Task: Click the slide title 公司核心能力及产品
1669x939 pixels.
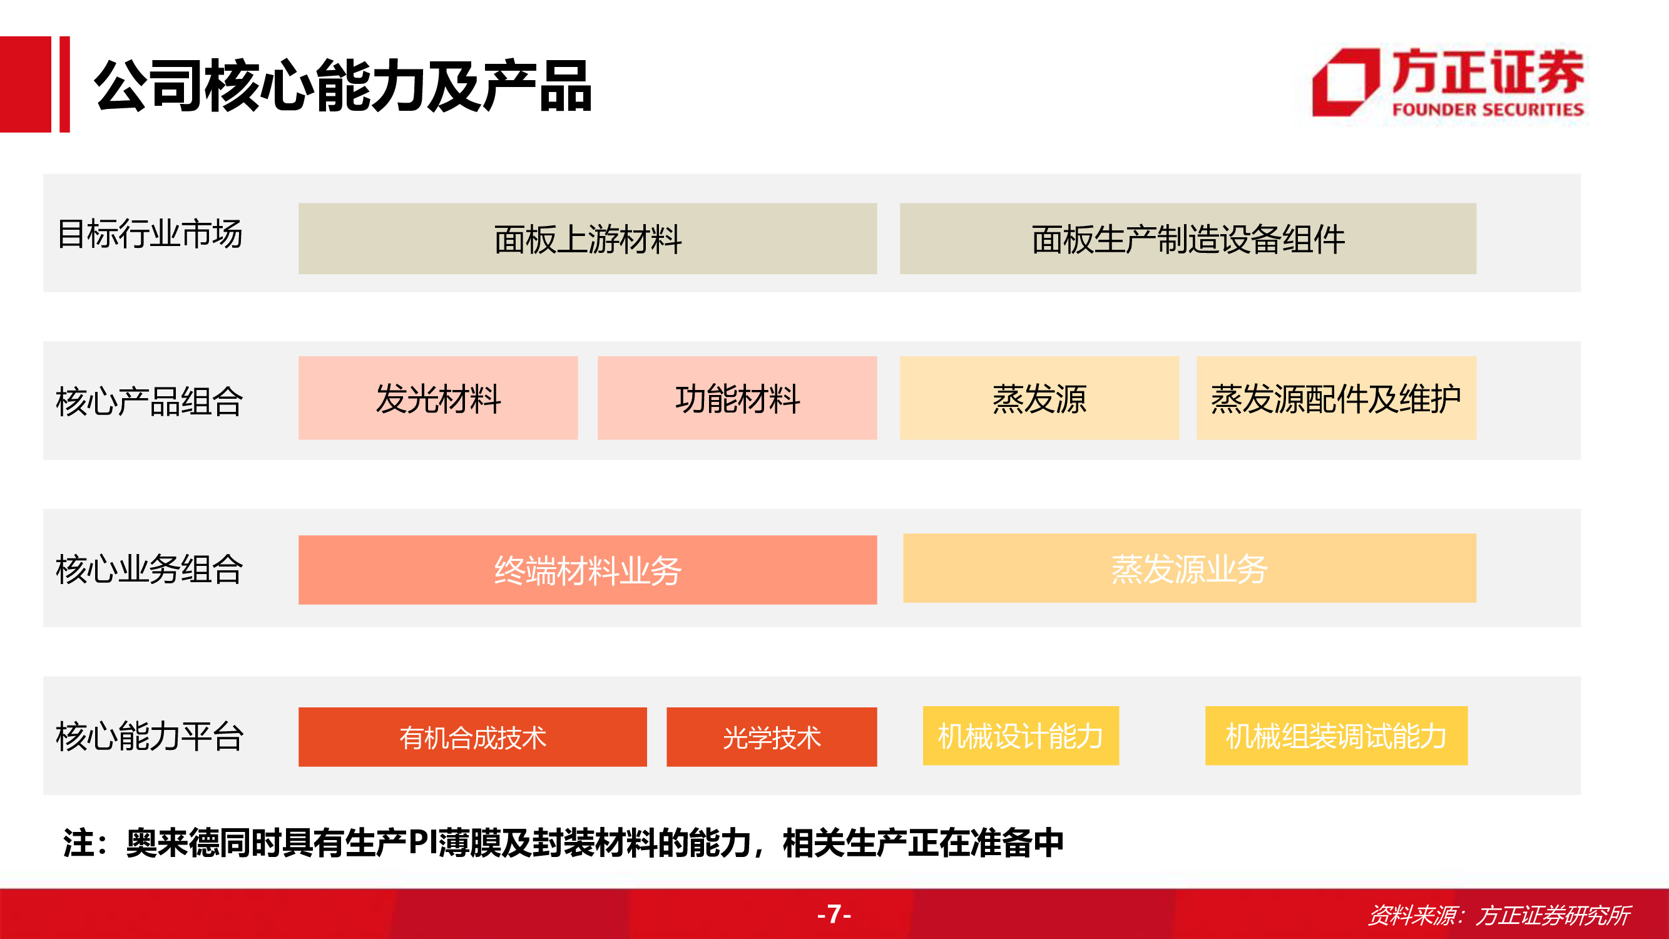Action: tap(343, 86)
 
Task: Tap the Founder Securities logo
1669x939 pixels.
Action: tap(1448, 83)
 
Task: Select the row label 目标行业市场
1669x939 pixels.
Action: tap(150, 234)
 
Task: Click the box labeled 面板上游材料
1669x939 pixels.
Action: tap(588, 239)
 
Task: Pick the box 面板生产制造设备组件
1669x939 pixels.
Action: tap(1188, 239)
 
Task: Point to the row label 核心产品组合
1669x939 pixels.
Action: tap(150, 401)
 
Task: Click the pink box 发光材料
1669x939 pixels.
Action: tap(438, 398)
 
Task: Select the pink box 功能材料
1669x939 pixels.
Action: tap(737, 398)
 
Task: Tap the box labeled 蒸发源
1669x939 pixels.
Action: tap(1039, 398)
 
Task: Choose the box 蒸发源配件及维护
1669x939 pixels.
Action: tap(1336, 398)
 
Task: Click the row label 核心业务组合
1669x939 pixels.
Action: tap(150, 569)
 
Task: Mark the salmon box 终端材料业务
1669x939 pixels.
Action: tap(588, 570)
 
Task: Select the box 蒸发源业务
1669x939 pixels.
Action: tap(1190, 568)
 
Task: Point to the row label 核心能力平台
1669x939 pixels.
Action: tap(150, 736)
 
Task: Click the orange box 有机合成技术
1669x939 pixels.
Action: tap(472, 737)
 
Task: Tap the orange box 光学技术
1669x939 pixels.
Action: tap(772, 737)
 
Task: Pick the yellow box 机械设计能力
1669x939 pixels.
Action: tap(1021, 736)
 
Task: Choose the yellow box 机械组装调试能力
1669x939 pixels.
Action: tap(1336, 736)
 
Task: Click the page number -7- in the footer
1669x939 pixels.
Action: tap(834, 914)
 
